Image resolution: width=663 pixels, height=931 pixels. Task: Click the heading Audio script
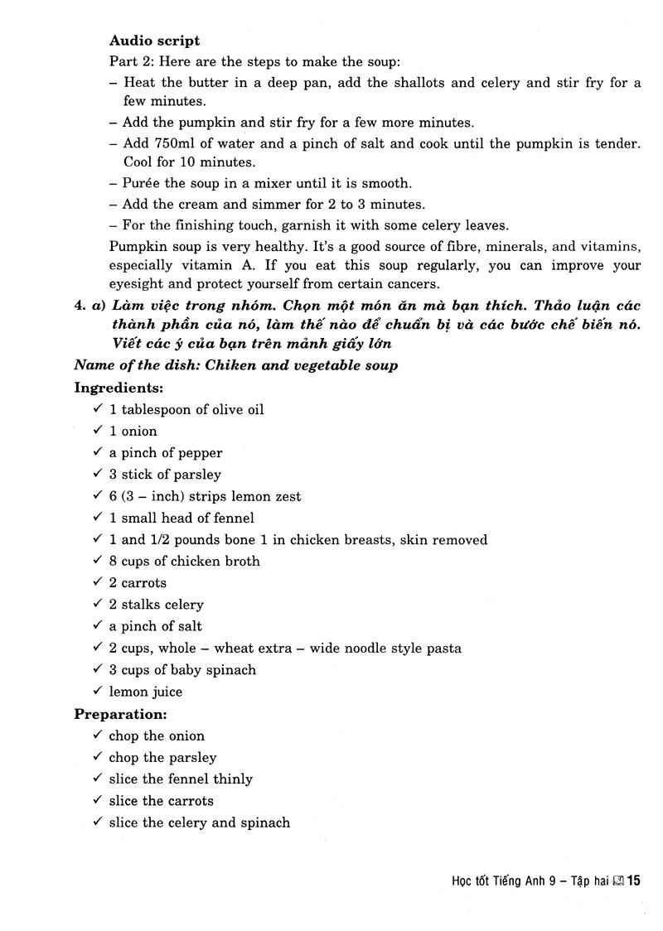point(154,40)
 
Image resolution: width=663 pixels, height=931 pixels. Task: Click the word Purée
point(143,183)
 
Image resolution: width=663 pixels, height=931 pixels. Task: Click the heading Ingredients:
point(119,387)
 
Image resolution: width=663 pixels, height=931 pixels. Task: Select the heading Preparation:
point(121,713)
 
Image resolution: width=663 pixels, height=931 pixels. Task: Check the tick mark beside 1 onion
point(98,430)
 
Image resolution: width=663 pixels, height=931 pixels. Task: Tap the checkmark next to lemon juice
point(98,691)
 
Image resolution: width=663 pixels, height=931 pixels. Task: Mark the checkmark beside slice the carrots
point(98,800)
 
